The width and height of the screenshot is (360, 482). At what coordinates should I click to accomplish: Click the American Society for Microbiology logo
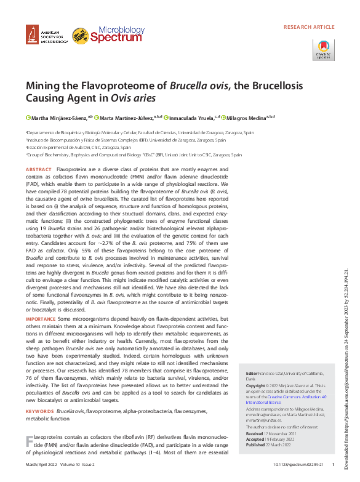tap(47, 36)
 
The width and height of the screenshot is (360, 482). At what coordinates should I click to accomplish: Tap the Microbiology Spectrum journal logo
tap(108, 35)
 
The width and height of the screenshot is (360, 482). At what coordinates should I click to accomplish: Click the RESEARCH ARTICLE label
tap(309, 28)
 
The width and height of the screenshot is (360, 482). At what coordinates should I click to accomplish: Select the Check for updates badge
tap(324, 49)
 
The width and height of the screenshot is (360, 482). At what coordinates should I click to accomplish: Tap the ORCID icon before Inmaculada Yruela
tap(166, 117)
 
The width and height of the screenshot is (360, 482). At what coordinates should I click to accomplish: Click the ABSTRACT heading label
tap(39, 169)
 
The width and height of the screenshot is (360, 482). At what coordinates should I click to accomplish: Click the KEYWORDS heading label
tap(39, 411)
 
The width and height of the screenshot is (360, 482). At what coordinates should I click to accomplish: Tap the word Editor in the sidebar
tap(251, 374)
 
